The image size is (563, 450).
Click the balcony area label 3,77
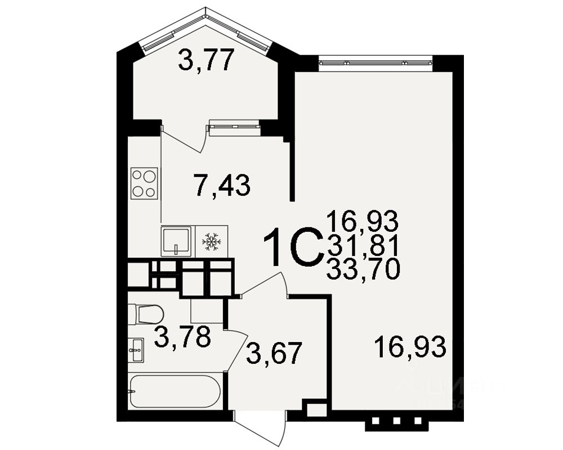point(206,60)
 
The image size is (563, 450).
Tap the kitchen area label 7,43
point(221,185)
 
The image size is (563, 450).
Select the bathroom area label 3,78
point(182,337)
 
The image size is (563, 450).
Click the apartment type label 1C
point(293,248)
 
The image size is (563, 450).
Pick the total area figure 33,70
point(363,271)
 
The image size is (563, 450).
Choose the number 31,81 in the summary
point(363,245)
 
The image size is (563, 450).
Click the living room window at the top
point(376,62)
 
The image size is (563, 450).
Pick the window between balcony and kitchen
point(234,127)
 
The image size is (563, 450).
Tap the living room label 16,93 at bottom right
point(411,346)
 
